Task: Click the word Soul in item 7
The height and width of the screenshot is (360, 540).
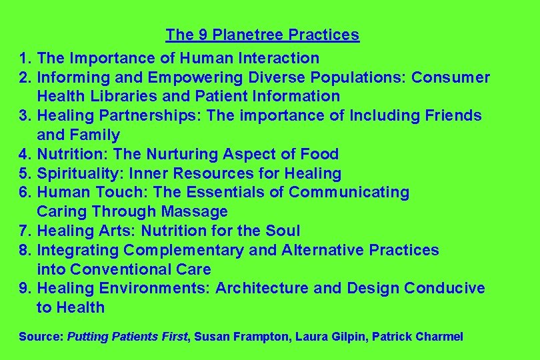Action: pyautogui.click(x=283, y=231)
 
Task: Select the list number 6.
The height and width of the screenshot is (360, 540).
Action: pyautogui.click(x=25, y=193)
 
